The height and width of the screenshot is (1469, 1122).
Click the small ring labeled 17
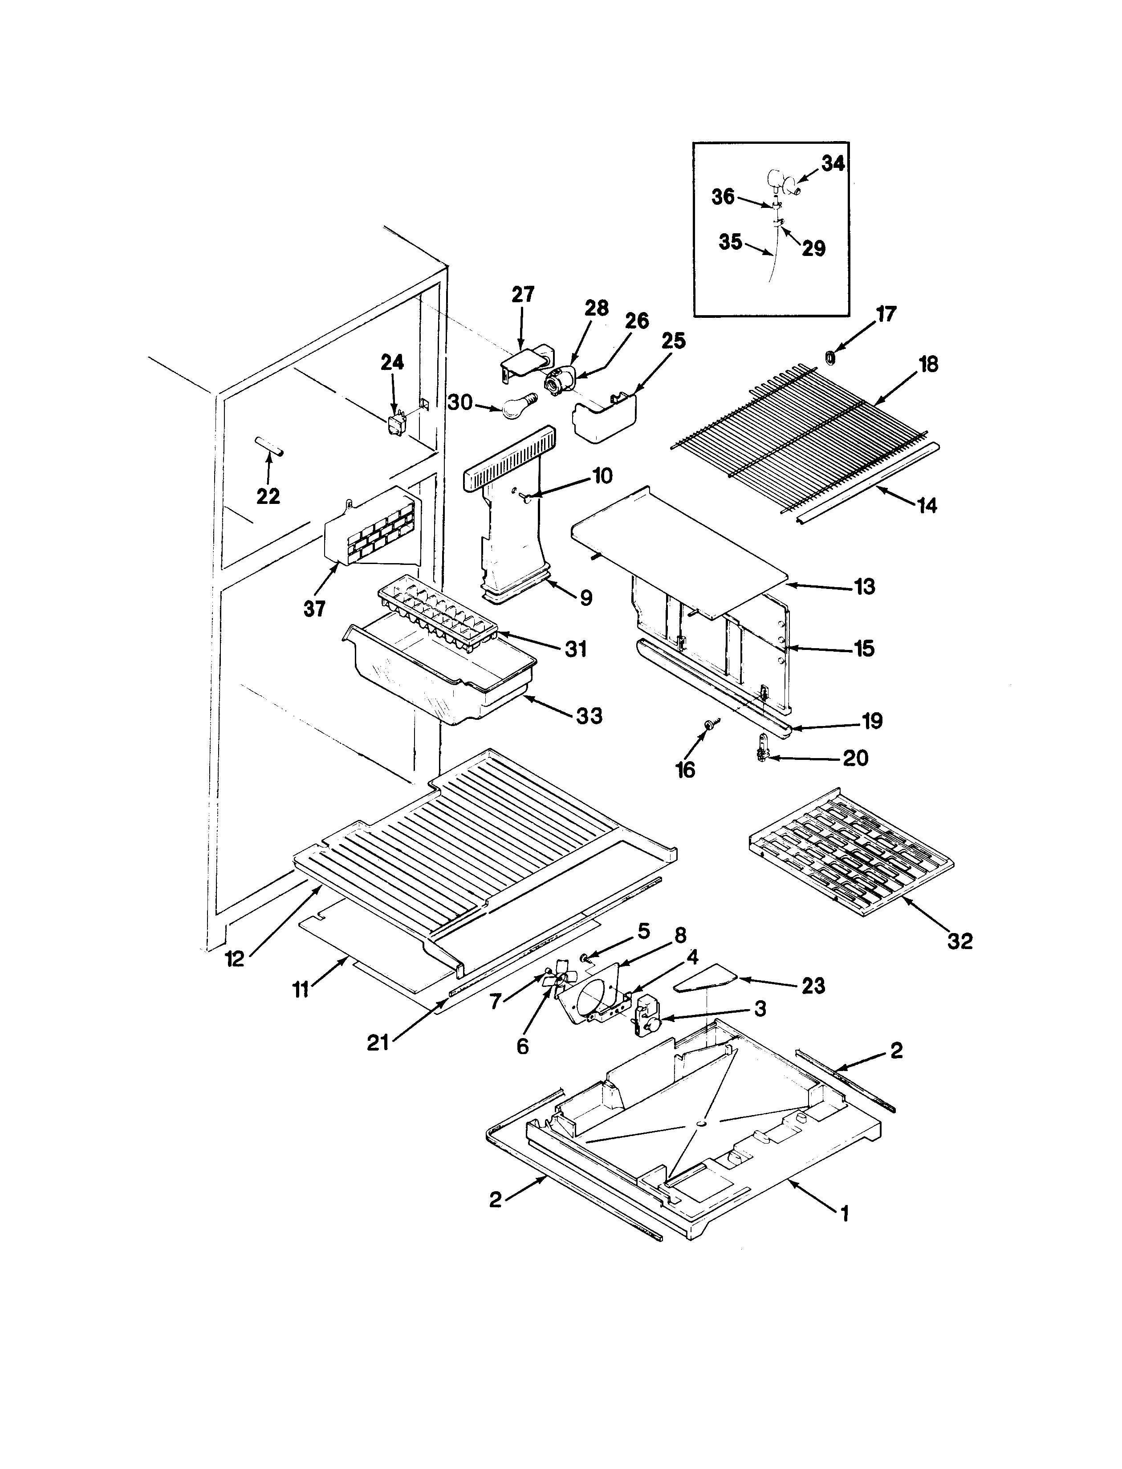tap(830, 359)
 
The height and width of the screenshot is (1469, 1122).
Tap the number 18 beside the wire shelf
tap(928, 364)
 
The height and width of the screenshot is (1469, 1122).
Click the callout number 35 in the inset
tap(731, 242)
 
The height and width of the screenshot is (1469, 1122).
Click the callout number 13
tap(864, 586)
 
